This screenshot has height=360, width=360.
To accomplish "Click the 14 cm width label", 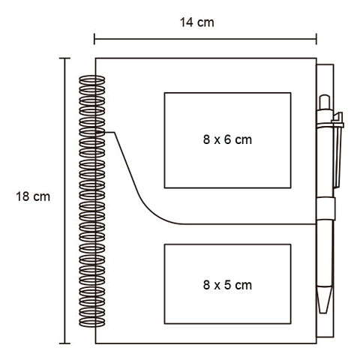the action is tap(197, 22).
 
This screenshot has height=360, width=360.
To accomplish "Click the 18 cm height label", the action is tap(33, 196).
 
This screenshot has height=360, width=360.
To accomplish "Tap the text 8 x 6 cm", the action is tap(227, 139).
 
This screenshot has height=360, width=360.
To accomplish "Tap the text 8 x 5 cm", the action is tap(227, 285).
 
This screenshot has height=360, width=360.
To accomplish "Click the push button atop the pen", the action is tap(325, 102).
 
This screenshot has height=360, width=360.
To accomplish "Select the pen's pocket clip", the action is tap(338, 150).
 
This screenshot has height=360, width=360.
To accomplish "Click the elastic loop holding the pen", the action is tap(325, 208).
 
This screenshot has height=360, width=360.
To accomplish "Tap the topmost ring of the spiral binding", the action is tap(92, 80).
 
